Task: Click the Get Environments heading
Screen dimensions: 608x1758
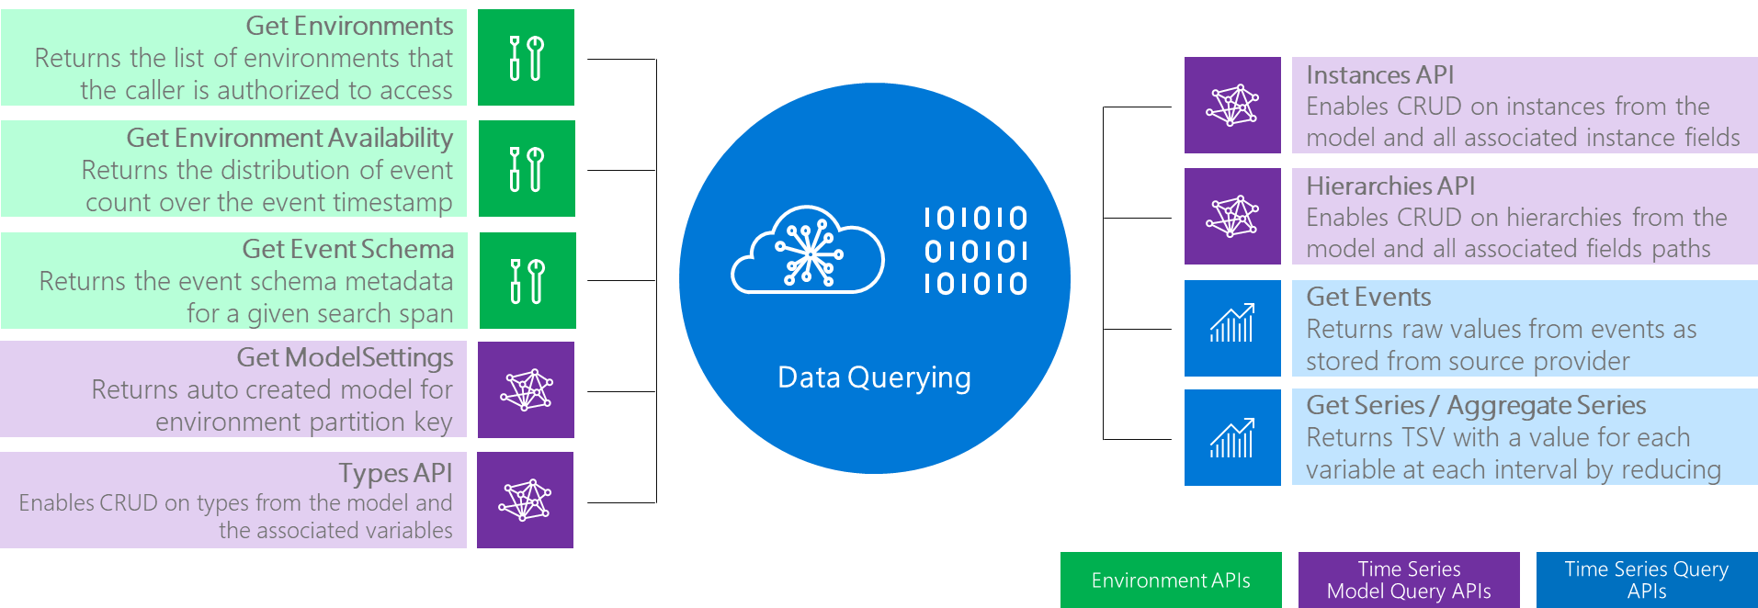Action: (349, 26)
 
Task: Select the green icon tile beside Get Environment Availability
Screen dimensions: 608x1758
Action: (527, 169)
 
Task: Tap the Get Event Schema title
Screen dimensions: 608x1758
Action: (347, 249)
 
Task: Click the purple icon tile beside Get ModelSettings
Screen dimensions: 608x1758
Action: (526, 389)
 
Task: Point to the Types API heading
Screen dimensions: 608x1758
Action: (395, 473)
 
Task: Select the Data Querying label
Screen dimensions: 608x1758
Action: (873, 377)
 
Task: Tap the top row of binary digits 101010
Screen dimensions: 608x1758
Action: (975, 219)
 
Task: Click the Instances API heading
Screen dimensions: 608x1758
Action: (1379, 75)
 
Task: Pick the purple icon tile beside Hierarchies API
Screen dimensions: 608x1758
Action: (1231, 217)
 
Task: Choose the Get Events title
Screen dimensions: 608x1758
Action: (1368, 298)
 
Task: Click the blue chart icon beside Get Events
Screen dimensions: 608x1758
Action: (1231, 328)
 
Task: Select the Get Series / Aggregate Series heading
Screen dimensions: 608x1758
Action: (1475, 405)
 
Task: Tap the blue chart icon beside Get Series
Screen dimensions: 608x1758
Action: (1231, 437)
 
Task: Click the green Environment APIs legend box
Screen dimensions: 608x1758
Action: (1170, 580)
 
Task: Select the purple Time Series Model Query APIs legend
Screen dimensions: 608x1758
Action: (1408, 580)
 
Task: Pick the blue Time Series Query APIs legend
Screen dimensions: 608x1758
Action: (1646, 580)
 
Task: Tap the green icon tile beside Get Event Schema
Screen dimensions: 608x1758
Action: (527, 281)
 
